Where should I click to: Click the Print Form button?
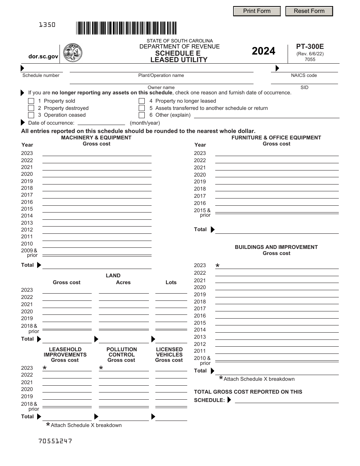click(257, 11)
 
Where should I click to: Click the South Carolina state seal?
click(72, 53)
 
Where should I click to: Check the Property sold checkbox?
click(31, 101)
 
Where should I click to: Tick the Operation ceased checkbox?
click(31, 115)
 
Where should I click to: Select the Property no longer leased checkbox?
click(142, 101)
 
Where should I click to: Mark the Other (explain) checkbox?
click(142, 115)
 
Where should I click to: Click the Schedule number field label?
click(41, 75)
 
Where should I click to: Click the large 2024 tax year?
click(263, 51)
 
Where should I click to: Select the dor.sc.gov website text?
click(44, 56)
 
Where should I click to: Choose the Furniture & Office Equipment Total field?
click(277, 230)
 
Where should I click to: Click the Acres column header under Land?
click(123, 282)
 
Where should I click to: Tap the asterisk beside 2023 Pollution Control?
click(101, 368)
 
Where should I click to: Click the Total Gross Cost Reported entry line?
click(286, 400)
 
